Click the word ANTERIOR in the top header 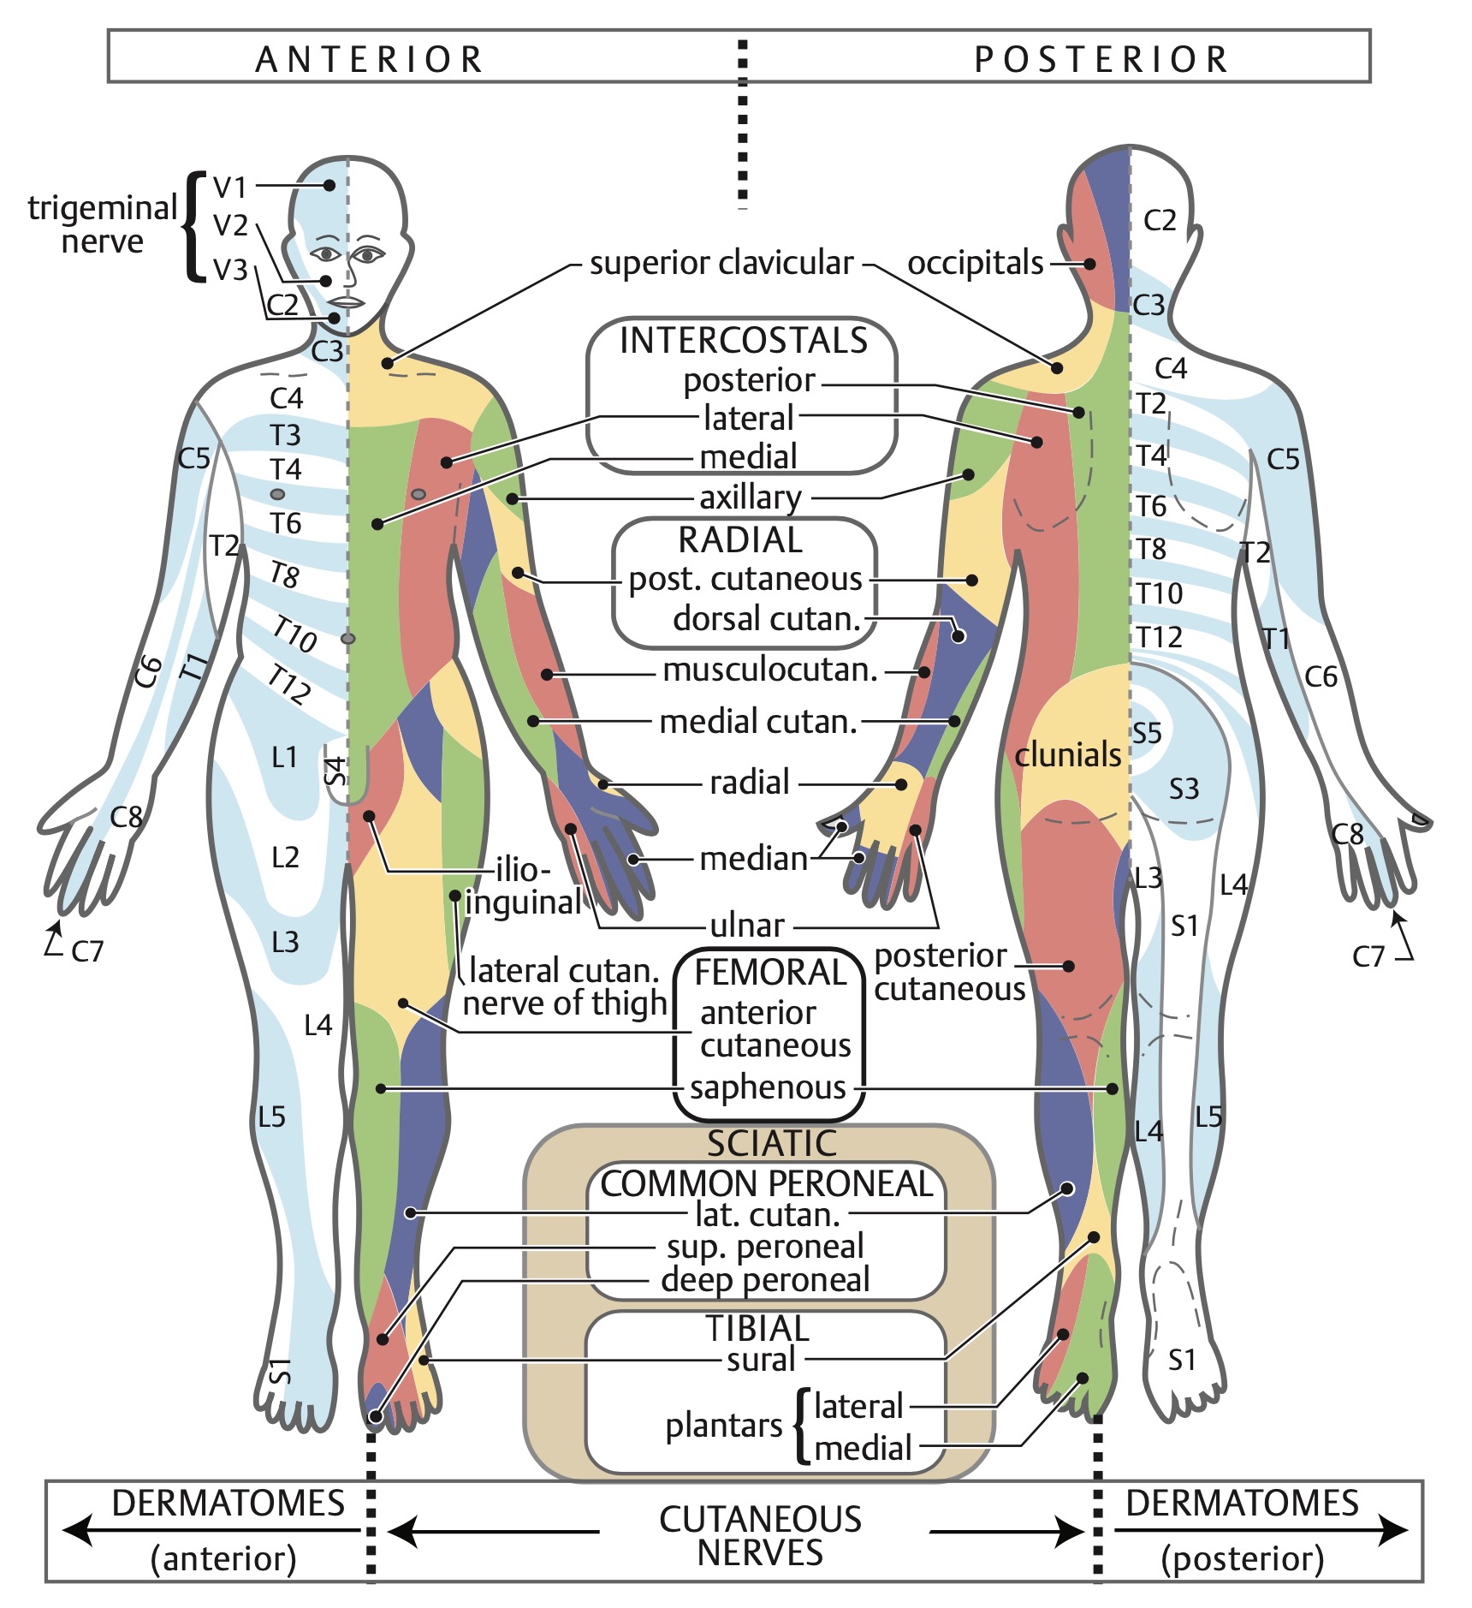(370, 60)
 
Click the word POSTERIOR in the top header (1101, 60)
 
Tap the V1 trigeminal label (229, 187)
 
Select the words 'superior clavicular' (721, 263)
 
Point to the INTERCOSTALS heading (743, 341)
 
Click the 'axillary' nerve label (751, 497)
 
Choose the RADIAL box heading (740, 540)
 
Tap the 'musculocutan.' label (770, 670)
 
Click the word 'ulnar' (746, 925)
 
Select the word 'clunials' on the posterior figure (1067, 755)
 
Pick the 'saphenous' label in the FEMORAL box (768, 1087)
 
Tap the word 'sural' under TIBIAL (761, 1359)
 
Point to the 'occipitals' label (975, 263)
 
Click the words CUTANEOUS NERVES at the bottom (760, 1535)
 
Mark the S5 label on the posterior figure (1147, 733)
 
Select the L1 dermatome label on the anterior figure (284, 757)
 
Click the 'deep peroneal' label (765, 1280)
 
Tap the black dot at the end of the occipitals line (1089, 264)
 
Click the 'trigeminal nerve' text (102, 224)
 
